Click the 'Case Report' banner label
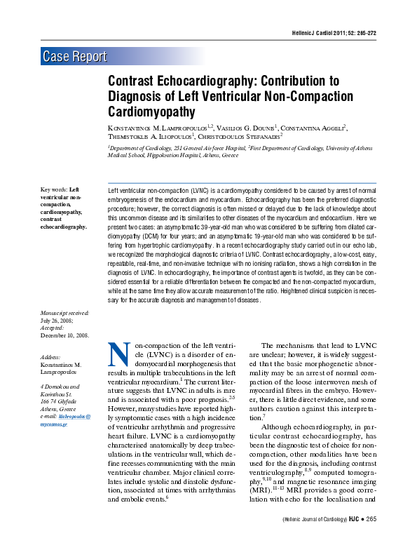click(x=75, y=57)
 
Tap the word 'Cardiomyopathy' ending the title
click(x=151, y=111)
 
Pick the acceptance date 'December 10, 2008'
click(x=65, y=336)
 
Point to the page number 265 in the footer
click(x=371, y=539)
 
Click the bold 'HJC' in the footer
click(x=354, y=539)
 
